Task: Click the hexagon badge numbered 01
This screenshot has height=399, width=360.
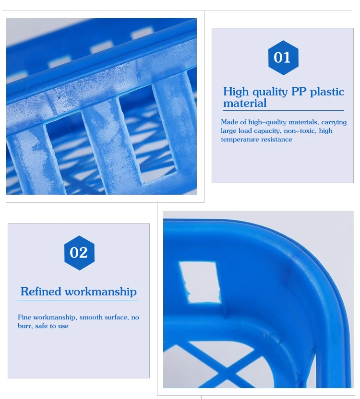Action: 282,58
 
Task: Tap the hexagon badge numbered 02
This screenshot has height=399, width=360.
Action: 79,253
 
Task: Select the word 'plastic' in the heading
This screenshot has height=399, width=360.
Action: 327,92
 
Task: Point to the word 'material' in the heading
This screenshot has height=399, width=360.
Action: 244,103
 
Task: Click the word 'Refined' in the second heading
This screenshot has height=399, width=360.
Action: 41,292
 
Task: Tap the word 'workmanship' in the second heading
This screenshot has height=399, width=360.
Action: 101,292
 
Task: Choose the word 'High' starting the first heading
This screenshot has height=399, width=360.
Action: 235,92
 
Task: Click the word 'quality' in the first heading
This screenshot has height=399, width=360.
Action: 269,92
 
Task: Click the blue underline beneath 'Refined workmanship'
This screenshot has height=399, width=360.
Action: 77,301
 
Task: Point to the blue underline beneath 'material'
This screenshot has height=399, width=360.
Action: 283,111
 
